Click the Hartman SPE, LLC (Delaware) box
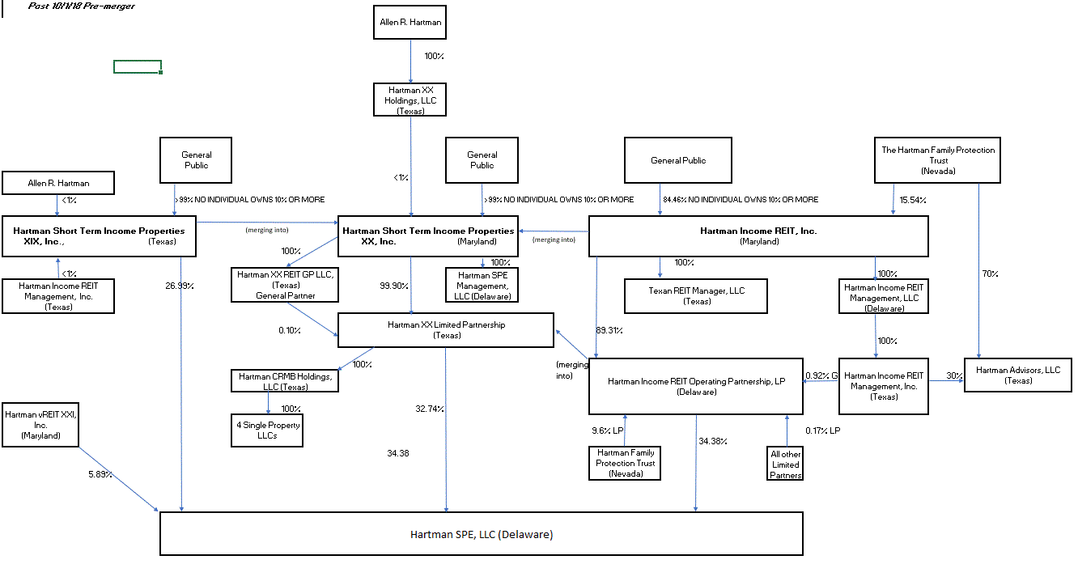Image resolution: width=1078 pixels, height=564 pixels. (x=482, y=534)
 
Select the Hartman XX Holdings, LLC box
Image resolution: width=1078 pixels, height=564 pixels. (x=410, y=100)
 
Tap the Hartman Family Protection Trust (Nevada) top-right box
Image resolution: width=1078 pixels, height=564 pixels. (x=938, y=160)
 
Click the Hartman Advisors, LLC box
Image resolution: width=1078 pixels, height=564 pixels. (x=1017, y=375)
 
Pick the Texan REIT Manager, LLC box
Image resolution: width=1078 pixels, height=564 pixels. (x=696, y=295)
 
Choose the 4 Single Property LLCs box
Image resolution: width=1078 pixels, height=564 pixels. (x=268, y=430)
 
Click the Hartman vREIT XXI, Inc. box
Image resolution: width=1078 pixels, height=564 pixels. (x=41, y=425)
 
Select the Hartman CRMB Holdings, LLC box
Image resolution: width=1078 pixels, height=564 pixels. (x=284, y=381)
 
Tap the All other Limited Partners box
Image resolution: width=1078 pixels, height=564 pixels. (x=785, y=464)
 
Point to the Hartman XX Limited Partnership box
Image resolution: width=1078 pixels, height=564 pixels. (x=446, y=330)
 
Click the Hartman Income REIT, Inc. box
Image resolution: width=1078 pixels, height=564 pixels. (x=758, y=236)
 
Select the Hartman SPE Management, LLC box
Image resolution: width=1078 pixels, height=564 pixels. (x=482, y=286)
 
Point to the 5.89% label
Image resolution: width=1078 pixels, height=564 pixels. (x=101, y=474)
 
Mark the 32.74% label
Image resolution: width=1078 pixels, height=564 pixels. (x=430, y=409)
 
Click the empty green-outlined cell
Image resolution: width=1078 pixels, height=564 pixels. (x=138, y=66)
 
